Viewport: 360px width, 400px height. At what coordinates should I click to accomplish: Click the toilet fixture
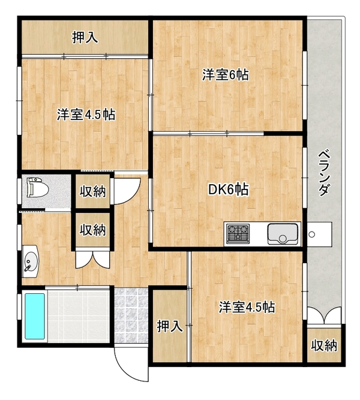coord(38,188)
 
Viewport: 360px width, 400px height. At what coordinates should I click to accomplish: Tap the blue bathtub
coord(35,316)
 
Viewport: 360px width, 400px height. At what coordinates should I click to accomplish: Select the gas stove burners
coord(238,233)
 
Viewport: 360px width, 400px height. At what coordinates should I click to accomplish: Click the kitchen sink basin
coord(283,233)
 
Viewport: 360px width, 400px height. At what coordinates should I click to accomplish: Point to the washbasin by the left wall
coord(31,261)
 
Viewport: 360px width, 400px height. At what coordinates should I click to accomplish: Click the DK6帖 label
coord(228,190)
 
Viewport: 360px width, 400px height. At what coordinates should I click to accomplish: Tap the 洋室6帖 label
coord(226,75)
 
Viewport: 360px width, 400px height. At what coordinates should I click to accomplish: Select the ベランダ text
coord(324,173)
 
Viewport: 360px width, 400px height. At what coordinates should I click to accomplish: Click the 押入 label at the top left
coord(85,37)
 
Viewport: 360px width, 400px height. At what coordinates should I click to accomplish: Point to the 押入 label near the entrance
coord(170,326)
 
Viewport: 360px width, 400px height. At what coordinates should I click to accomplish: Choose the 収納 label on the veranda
coord(324,345)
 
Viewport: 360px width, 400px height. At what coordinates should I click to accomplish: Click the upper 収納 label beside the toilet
coord(92,191)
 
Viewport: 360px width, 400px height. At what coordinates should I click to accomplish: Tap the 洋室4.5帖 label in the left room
coord(86,115)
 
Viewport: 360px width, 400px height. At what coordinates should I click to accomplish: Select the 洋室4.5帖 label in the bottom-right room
coord(247,307)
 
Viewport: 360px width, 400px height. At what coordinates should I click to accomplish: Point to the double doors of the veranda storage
coord(324,315)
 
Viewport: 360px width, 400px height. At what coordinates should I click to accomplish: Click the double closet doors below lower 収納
coord(92,259)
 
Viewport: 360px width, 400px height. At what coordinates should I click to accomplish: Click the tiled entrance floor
coord(131,315)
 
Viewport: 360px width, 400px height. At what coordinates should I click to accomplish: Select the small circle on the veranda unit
coord(312,234)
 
